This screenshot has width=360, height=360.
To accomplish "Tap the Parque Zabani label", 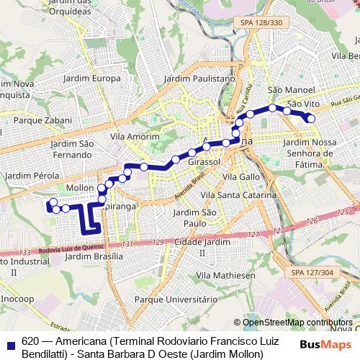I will tap(48, 120).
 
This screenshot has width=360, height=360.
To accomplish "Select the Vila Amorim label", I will tap(135, 136).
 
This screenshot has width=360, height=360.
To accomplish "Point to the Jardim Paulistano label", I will tap(199, 78).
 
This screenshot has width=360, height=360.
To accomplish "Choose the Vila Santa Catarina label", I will tap(238, 195).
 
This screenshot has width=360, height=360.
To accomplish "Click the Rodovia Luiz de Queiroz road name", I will tap(68, 250).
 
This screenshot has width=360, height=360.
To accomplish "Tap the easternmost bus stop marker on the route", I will tap(311, 119).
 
